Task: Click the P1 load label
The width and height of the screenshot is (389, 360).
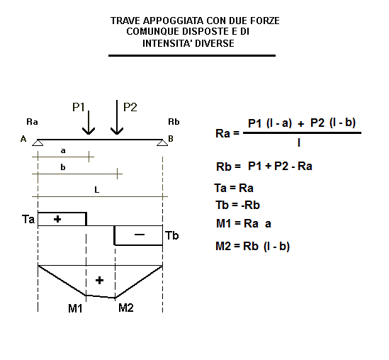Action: pyautogui.click(x=79, y=107)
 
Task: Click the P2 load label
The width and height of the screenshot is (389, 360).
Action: pyautogui.click(x=130, y=107)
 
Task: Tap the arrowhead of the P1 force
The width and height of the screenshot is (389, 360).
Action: pyautogui.click(x=89, y=131)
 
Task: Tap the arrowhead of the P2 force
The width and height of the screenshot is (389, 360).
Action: pyautogui.click(x=117, y=131)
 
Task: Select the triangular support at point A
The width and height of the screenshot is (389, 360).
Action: pyautogui.click(x=38, y=142)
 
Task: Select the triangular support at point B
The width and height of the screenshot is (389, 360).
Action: pyautogui.click(x=162, y=142)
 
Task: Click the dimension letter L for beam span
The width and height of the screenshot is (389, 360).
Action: pyautogui.click(x=97, y=190)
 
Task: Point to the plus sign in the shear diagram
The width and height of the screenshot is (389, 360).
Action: pyautogui.click(x=57, y=219)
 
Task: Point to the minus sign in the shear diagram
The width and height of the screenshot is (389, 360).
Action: pyautogui.click(x=140, y=234)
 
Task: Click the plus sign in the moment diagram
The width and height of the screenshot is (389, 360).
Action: pyautogui.click(x=99, y=281)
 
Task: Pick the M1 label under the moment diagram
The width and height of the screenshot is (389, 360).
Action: pyautogui.click(x=75, y=308)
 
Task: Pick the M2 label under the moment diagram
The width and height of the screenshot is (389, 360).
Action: pyautogui.click(x=126, y=308)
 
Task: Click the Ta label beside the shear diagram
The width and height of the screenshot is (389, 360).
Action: pyautogui.click(x=28, y=219)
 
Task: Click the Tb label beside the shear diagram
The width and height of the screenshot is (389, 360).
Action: pyautogui.click(x=172, y=235)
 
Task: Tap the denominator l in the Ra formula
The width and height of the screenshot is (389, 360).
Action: pyautogui.click(x=299, y=142)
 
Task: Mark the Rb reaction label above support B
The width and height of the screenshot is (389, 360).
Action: pyautogui.click(x=174, y=122)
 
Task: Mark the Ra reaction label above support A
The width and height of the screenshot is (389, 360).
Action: pyautogui.click(x=33, y=122)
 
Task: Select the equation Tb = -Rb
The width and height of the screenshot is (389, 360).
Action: pyautogui.click(x=237, y=206)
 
